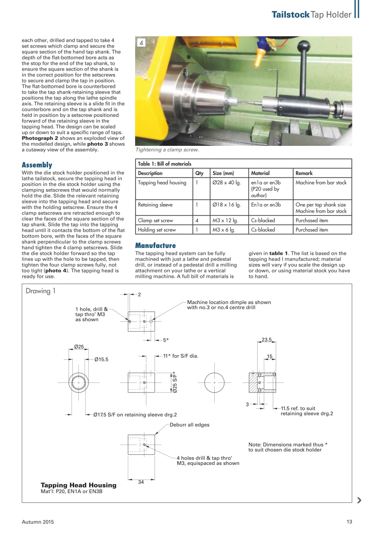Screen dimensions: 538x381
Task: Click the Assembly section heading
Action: tap(37, 165)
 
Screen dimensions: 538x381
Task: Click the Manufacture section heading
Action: tap(155, 245)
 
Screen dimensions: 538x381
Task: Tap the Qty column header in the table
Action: tap(200, 173)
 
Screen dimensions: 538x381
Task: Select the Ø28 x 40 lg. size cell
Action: tap(227, 182)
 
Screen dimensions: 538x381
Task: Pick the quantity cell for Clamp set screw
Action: tap(197, 220)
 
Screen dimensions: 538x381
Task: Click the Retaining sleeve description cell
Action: tap(154, 205)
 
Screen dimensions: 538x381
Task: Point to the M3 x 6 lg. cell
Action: tap(224, 230)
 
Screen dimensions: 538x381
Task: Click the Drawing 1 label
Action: tap(40, 291)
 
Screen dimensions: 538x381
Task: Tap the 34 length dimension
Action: tap(141, 482)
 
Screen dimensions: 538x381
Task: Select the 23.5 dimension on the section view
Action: tap(267, 340)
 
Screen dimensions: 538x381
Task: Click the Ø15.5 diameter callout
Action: tap(101, 359)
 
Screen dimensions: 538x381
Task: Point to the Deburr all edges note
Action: tap(189, 425)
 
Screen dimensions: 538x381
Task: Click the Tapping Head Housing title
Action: tap(78, 485)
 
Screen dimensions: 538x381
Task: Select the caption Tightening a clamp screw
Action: tap(167, 150)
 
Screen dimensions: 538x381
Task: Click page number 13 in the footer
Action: tap(349, 522)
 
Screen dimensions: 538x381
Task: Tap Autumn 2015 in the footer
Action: tap(38, 522)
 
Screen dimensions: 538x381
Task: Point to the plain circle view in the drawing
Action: tap(214, 383)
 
